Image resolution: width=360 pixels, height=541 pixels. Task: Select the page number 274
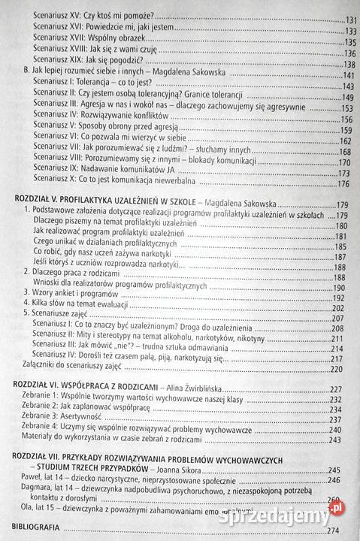point(349,530)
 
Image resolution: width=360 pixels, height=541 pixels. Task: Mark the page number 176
point(346,183)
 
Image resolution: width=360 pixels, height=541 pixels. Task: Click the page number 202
point(349,307)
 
